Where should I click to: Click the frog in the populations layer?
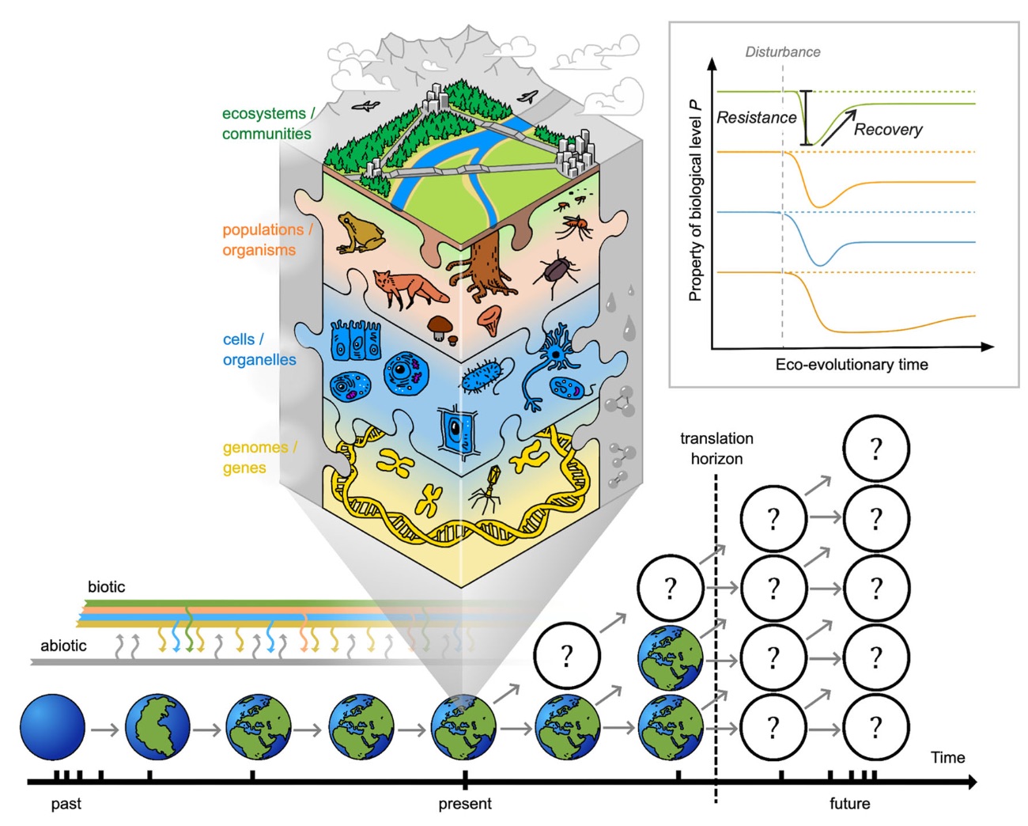360,233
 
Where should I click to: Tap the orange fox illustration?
406,289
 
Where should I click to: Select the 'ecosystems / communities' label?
267,123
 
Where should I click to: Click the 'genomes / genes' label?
259,457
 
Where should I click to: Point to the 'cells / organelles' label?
259,349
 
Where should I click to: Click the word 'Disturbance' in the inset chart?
782,52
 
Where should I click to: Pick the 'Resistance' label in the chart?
756,118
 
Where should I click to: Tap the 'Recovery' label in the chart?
887,130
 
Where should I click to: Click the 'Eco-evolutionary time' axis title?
851,365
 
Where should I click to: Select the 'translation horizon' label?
716,448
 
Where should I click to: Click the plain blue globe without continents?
52,727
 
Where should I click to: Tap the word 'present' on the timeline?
465,804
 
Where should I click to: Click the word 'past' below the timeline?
66,804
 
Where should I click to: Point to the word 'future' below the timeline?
849,804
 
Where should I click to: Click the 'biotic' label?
106,587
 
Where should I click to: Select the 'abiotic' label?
63,646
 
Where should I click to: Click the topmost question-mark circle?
875,449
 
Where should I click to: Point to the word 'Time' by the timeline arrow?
947,757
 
